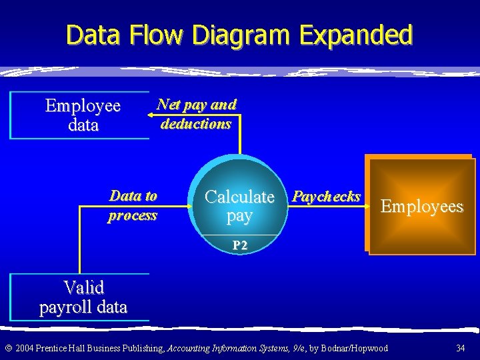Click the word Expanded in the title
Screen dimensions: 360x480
click(356, 35)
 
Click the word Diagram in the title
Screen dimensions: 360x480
click(245, 35)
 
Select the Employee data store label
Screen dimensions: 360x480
click(83, 115)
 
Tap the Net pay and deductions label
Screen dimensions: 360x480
click(196, 114)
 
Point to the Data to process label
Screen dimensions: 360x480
click(133, 205)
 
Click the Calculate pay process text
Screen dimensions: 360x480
click(239, 205)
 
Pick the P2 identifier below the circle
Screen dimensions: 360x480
click(240, 245)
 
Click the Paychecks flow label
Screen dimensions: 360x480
click(327, 197)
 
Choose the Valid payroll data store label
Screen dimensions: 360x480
click(83, 297)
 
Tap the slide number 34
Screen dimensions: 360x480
click(461, 348)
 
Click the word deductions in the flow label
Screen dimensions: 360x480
click(196, 124)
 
